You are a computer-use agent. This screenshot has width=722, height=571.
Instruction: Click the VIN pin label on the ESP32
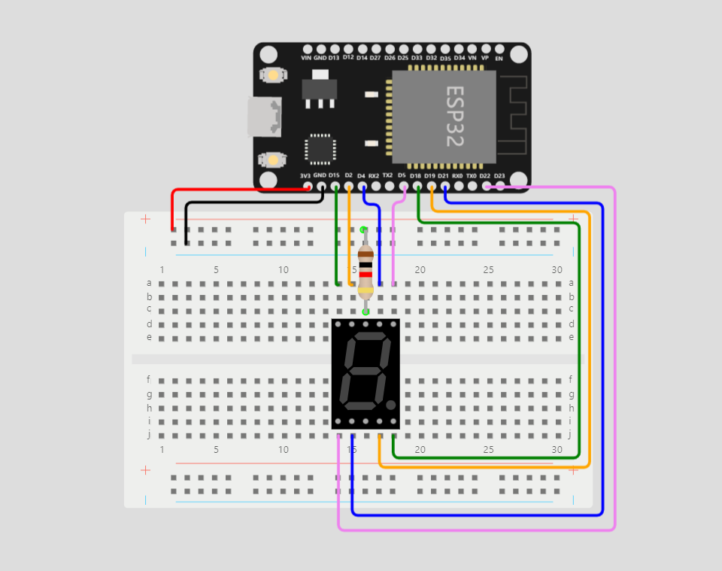click(x=306, y=58)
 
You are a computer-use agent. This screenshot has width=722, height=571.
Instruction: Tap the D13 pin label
click(x=334, y=58)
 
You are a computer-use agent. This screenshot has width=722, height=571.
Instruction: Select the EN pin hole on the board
click(x=499, y=47)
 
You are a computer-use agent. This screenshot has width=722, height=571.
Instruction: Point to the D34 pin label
click(x=459, y=57)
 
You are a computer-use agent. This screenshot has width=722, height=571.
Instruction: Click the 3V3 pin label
click(x=306, y=176)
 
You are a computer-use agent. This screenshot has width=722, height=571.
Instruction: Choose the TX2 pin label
click(x=387, y=175)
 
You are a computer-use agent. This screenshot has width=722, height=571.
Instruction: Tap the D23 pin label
click(x=499, y=176)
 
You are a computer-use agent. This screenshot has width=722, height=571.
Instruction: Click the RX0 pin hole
click(x=458, y=185)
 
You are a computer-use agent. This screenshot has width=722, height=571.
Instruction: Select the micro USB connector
click(x=264, y=117)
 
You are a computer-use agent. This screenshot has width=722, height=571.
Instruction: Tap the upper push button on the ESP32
click(x=272, y=75)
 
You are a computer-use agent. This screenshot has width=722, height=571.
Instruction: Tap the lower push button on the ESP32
click(x=272, y=159)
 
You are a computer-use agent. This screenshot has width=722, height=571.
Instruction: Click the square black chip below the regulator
click(x=320, y=149)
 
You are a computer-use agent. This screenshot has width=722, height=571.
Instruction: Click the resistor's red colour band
click(x=366, y=275)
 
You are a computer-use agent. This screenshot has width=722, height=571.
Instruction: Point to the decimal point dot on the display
click(x=390, y=405)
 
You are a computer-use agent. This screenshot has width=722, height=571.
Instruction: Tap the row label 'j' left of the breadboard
click(x=149, y=434)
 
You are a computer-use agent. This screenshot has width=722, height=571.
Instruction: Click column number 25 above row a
click(x=488, y=270)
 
